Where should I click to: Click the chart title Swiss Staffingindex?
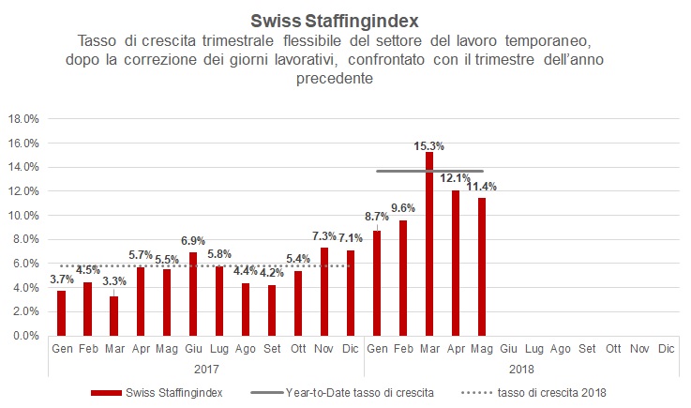pos(345,19)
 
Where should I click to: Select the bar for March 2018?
pos(428,244)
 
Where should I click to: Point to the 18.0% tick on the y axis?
pos(23,119)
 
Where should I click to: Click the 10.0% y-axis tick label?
pos(23,216)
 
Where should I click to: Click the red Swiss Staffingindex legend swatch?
pos(110,392)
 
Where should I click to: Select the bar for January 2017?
pos(61,312)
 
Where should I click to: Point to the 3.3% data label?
pos(113,280)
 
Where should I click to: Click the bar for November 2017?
pos(323,291)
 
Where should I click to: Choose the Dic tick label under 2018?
pos(665,348)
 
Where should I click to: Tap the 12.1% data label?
pos(455,178)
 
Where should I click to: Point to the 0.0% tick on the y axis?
pos(24,336)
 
